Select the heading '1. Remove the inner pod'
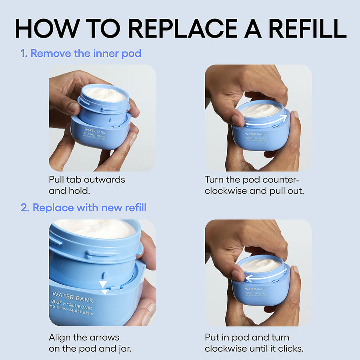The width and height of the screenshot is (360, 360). click(x=81, y=53)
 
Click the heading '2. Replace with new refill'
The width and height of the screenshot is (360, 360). click(x=83, y=208)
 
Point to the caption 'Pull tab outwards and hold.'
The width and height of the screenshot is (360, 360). click(x=87, y=185)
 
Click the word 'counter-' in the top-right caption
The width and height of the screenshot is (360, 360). click(x=282, y=180)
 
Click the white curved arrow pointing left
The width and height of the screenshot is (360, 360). click(x=265, y=276)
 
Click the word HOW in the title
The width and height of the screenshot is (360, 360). click(x=43, y=28)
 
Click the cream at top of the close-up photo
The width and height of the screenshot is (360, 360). click(x=96, y=229)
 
